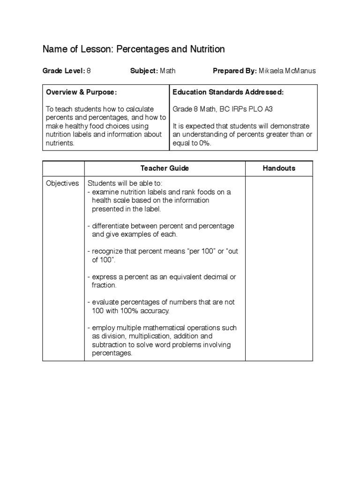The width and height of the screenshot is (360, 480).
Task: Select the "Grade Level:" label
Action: pyautogui.click(x=63, y=71)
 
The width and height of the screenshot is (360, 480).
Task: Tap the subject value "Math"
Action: pyautogui.click(x=168, y=71)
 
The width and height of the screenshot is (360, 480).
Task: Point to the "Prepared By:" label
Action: pyautogui.click(x=234, y=71)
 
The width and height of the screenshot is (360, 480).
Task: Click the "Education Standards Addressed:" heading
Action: pyautogui.click(x=228, y=92)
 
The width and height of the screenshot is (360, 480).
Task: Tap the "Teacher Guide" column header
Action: pyautogui.click(x=165, y=168)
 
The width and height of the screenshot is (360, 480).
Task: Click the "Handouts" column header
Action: pyautogui.click(x=279, y=168)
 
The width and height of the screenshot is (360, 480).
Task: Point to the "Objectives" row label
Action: pyautogui.click(x=62, y=183)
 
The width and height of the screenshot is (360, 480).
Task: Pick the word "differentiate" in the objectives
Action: pyautogui.click(x=112, y=226)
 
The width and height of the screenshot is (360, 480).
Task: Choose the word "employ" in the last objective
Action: pyautogui.click(x=104, y=328)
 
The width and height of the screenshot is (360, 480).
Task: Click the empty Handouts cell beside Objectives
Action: pyautogui.click(x=279, y=267)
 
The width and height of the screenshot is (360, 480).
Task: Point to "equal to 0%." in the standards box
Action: pyautogui.click(x=192, y=143)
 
